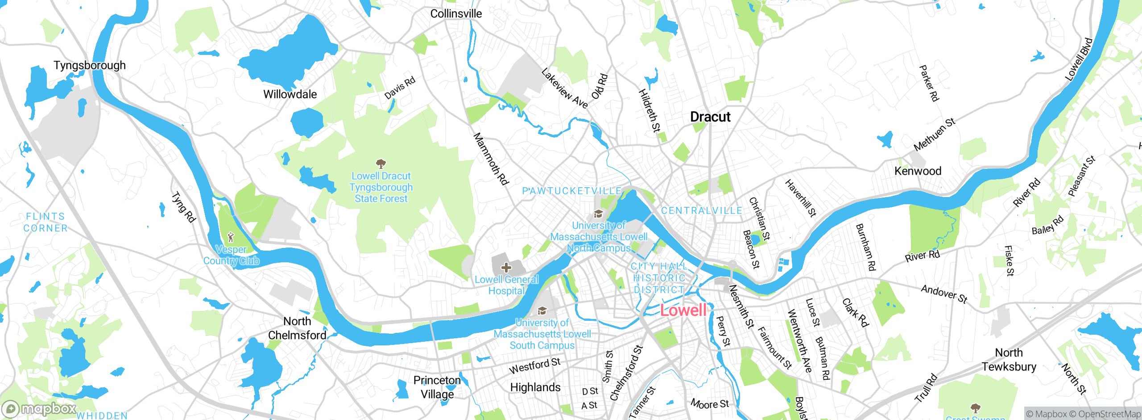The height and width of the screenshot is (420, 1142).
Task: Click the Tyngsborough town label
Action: click(x=90, y=65)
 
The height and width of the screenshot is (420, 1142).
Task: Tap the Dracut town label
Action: click(x=710, y=117)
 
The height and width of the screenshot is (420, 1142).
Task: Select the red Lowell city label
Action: click(x=683, y=310)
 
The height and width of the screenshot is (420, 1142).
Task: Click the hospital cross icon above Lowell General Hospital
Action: click(x=506, y=268)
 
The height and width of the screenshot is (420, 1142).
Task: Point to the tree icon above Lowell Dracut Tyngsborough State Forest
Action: click(x=381, y=164)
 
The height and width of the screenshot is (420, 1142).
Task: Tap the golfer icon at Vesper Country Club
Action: click(x=231, y=237)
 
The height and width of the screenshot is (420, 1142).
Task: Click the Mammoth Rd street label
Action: click(x=491, y=159)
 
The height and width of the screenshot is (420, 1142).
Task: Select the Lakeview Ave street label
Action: click(x=565, y=88)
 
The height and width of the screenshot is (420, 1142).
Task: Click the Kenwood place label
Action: click(x=918, y=171)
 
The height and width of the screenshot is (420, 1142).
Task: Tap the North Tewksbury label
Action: click(x=1009, y=360)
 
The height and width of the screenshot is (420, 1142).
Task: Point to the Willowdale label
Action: click(x=290, y=94)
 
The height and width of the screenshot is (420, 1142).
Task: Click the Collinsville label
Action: click(x=456, y=14)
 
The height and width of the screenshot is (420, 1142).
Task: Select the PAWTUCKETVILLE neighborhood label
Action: click(x=572, y=191)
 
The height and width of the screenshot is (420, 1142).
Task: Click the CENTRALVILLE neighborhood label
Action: click(x=701, y=211)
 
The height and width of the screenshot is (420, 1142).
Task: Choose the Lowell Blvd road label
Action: click(x=1079, y=59)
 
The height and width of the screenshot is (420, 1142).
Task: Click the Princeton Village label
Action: click(x=437, y=387)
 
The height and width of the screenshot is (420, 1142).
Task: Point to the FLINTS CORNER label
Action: click(x=46, y=222)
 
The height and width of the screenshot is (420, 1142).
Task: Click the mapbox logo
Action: click(x=39, y=409)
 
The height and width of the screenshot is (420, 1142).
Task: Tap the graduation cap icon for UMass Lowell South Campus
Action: click(x=542, y=311)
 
